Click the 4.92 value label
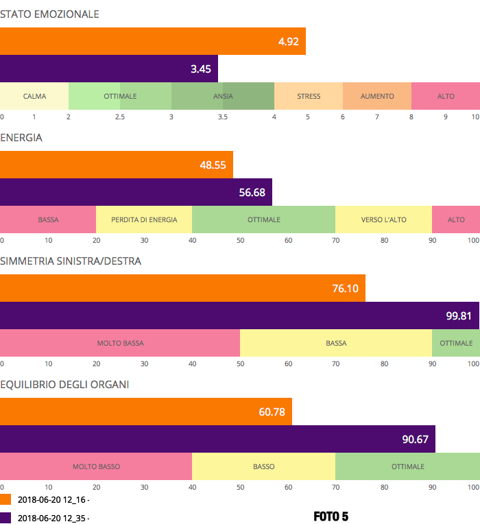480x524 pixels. coord(288,42)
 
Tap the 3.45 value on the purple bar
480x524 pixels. coord(200,69)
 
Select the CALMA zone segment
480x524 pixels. coord(34,96)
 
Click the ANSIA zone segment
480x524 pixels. coord(223,96)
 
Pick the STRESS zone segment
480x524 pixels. coord(309,96)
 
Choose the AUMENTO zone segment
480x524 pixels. coord(377,96)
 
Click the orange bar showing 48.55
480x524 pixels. coord(117,165)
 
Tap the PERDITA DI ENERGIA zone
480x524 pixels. coord(144,219)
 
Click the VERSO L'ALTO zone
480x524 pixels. coord(384,219)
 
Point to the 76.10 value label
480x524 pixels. coord(345,289)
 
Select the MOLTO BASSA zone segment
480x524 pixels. coord(120,343)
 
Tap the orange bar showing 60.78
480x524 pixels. coord(146,412)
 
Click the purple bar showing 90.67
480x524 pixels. coord(217,440)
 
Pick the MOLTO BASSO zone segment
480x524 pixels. coord(96,466)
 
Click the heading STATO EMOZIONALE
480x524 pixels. coord(49,14)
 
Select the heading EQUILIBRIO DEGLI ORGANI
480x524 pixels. coord(64,384)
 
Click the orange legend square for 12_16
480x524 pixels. coord(5,499)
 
